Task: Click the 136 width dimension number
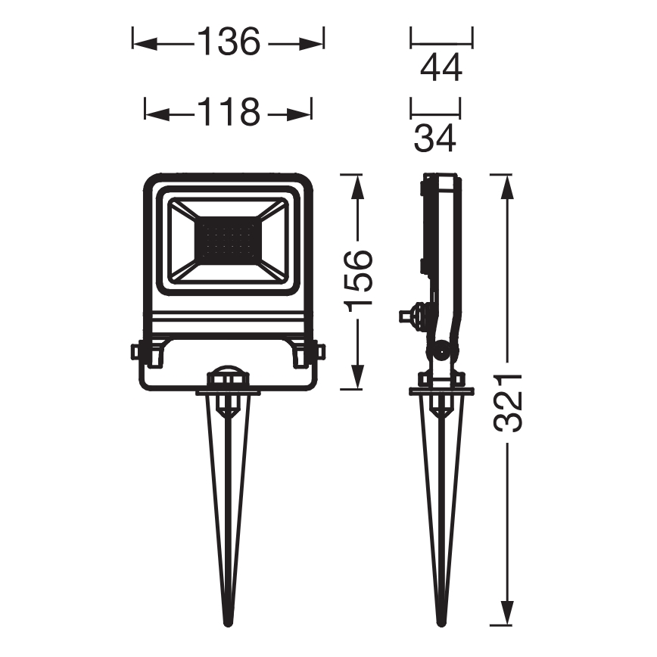[x=229, y=42]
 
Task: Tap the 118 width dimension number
[x=229, y=112]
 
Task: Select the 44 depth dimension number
[x=441, y=67]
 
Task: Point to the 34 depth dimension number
[x=435, y=139]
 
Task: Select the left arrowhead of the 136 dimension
[x=145, y=43]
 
